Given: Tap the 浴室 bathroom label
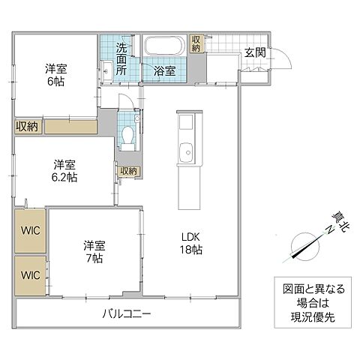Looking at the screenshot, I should [165, 72].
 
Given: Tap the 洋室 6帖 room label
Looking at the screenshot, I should [53, 73].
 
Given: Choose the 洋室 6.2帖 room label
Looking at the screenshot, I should [62, 170].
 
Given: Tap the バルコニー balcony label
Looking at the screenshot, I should [127, 313].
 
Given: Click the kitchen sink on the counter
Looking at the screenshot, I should [186, 154].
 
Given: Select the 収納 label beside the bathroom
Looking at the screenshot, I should [196, 43].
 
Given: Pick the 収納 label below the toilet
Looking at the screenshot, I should [128, 171].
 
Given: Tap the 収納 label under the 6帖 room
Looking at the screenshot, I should [27, 126].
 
